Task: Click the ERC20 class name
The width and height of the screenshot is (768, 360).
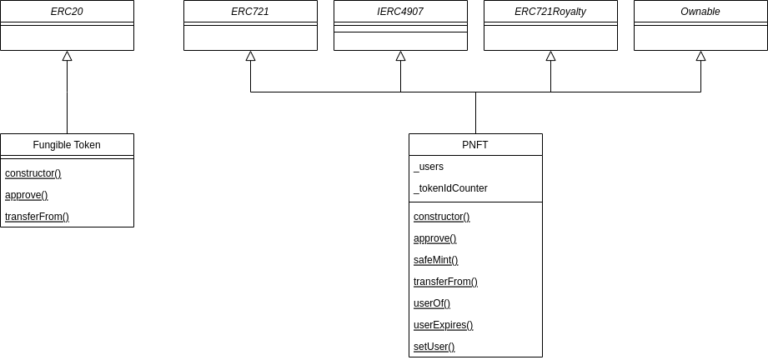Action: pyautogui.click(x=67, y=12)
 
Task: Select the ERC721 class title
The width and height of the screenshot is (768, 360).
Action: pyautogui.click(x=250, y=12)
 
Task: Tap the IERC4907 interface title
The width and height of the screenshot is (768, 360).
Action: pyautogui.click(x=400, y=12)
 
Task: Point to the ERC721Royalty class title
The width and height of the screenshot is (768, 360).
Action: pyautogui.click(x=550, y=12)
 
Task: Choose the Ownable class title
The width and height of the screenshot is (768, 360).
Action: pyautogui.click(x=700, y=12)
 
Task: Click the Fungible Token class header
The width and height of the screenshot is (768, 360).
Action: pyautogui.click(x=67, y=145)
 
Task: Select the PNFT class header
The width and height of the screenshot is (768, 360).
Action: pyautogui.click(x=475, y=145)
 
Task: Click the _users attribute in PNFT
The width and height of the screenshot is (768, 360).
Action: pyautogui.click(x=429, y=167)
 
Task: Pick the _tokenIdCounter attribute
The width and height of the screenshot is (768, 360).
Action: pyautogui.click(x=450, y=188)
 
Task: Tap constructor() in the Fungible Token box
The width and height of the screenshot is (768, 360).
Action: pyautogui.click(x=33, y=173)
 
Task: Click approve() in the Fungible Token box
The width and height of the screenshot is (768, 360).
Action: pyautogui.click(x=27, y=195)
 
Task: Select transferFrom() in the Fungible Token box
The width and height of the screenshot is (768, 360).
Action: pyautogui.click(x=37, y=217)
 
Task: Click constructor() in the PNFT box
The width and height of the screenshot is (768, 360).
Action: pyautogui.click(x=442, y=217)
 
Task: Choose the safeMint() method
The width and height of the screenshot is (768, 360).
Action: pyautogui.click(x=436, y=260)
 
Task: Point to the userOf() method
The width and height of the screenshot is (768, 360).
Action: pyautogui.click(x=432, y=303)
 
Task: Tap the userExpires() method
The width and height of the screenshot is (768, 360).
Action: pyautogui.click(x=444, y=325)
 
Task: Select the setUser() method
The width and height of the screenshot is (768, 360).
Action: pyautogui.click(x=434, y=347)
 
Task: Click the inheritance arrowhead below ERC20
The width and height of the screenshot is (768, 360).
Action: pyautogui.click(x=67, y=56)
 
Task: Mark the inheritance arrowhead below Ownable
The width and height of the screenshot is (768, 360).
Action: pyautogui.click(x=700, y=56)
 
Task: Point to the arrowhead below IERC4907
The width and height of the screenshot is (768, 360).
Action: pyautogui.click(x=400, y=56)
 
